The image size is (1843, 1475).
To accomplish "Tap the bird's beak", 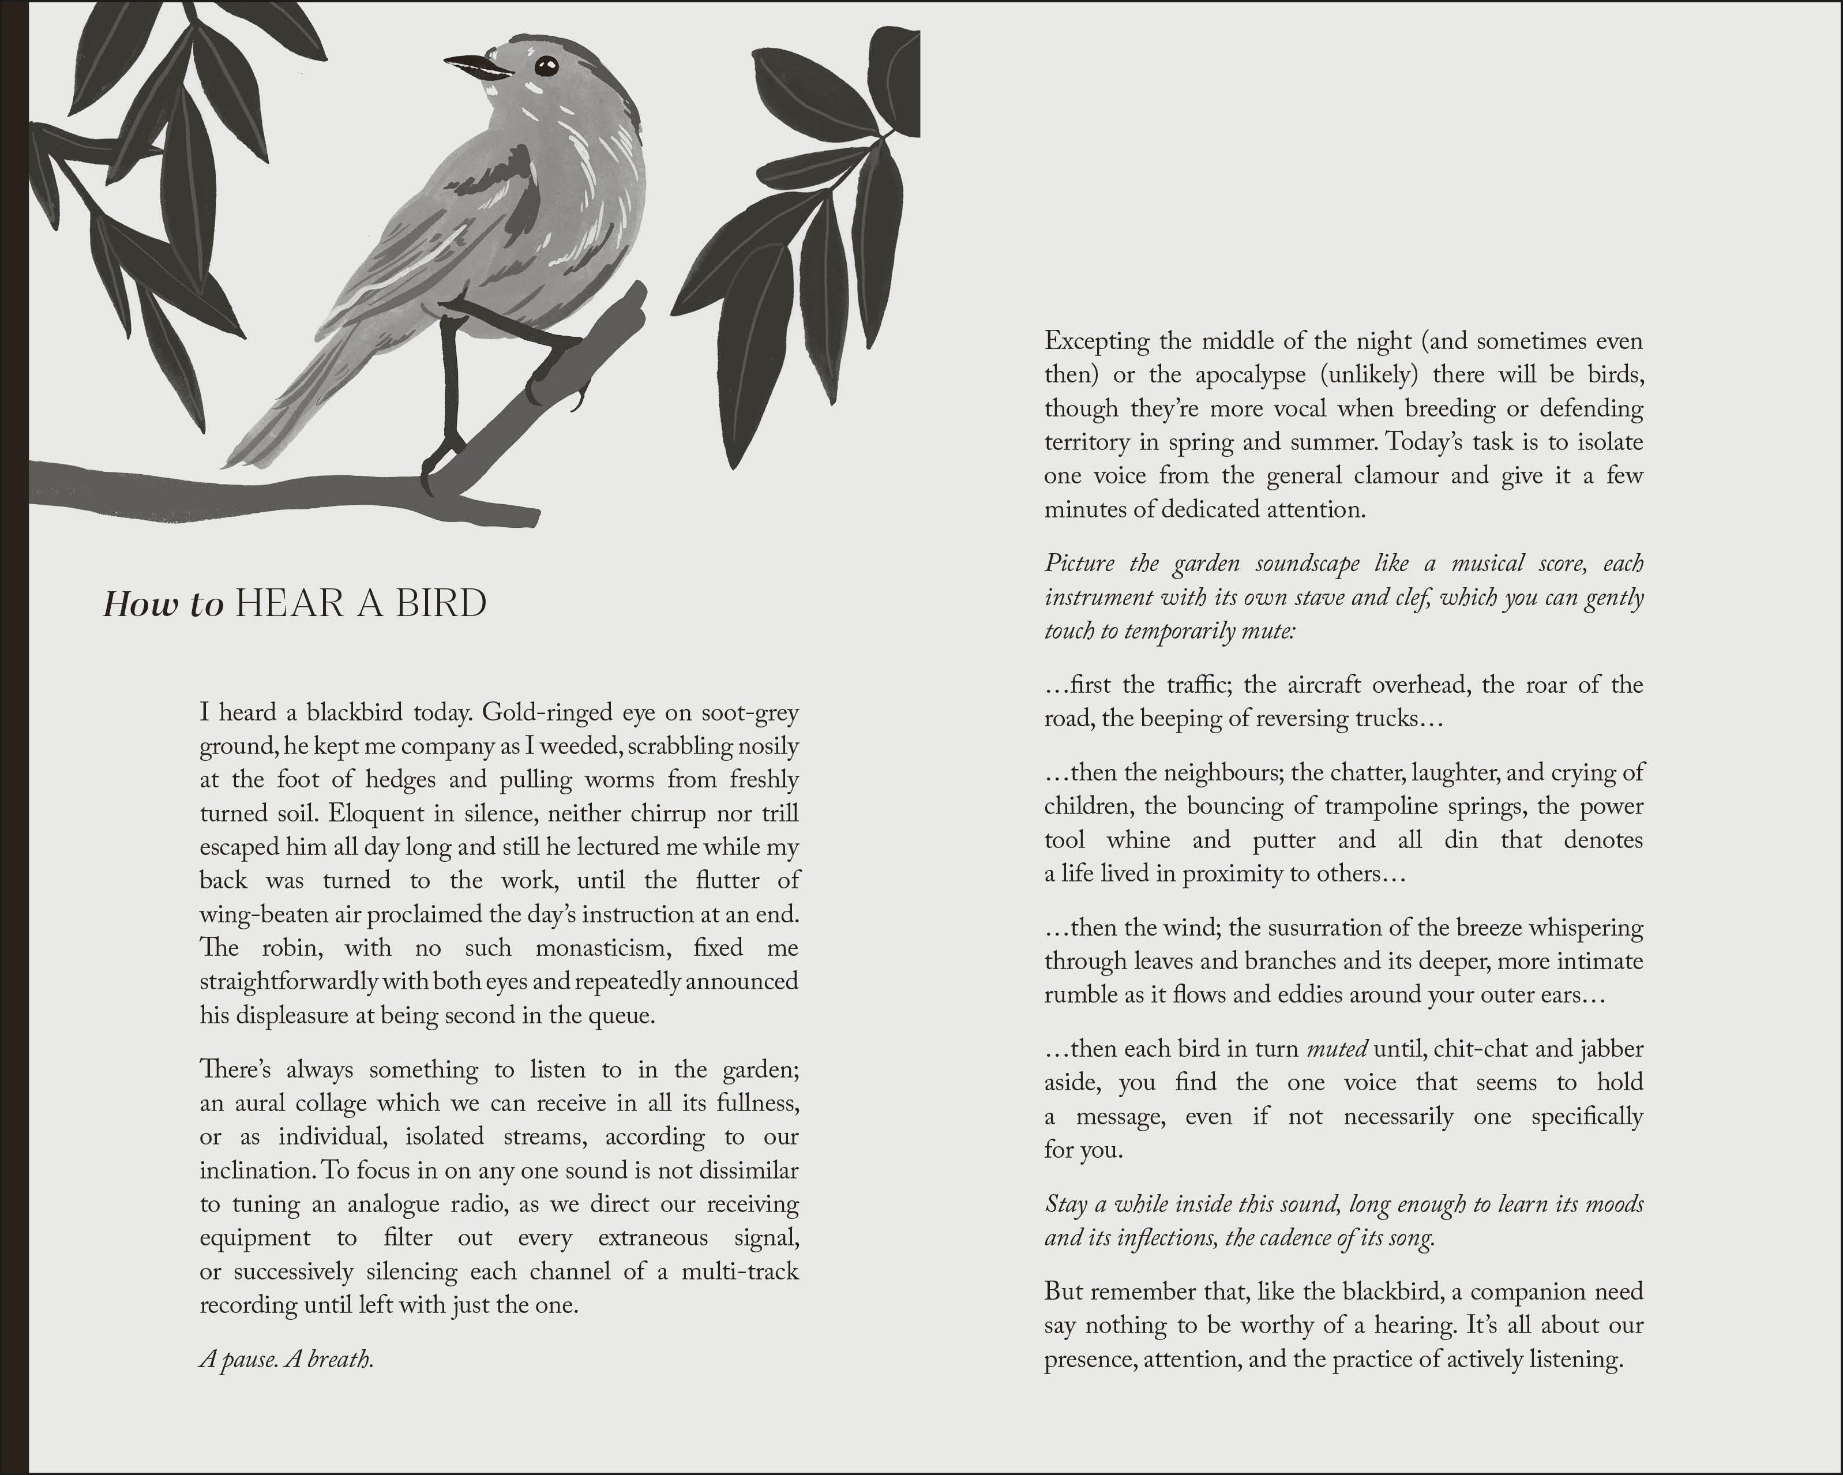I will coord(474,66).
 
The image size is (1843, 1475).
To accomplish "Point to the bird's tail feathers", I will coord(273,419).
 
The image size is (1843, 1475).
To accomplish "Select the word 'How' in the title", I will coord(140,605).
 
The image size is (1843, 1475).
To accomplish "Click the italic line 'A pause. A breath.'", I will coord(286,1358).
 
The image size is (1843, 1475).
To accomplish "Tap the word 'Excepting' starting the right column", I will coord(1096,341).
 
